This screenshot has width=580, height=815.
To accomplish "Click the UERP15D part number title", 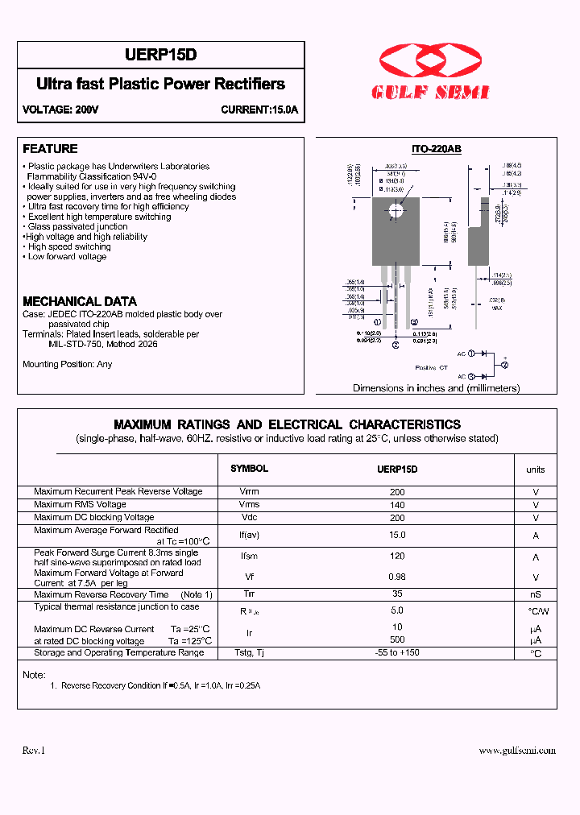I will (161, 55).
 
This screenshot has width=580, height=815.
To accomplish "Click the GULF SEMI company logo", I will (430, 73).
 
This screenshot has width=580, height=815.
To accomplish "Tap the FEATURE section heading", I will (50, 149).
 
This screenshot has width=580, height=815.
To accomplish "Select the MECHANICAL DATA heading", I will (80, 301).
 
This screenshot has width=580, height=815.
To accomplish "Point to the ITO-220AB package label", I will (436, 150).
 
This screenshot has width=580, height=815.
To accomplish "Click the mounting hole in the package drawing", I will (396, 211).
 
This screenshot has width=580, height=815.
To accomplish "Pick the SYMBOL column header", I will (250, 469).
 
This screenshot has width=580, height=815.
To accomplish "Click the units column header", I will (535, 470).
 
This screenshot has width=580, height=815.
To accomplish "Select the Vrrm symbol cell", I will (250, 491).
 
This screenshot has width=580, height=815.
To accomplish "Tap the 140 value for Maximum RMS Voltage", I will (397, 505).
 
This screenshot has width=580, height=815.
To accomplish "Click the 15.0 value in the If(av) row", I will (397, 535).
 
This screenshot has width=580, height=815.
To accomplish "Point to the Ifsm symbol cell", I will (250, 556).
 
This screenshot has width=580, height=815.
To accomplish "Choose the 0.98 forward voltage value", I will (397, 577).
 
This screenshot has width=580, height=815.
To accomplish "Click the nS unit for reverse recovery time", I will (535, 594).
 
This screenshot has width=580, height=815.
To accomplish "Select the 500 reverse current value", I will (397, 640).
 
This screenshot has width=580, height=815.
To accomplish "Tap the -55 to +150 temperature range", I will (397, 652).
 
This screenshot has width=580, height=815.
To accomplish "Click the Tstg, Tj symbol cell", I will (250, 652).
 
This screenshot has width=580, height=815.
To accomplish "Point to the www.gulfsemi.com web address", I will (517, 751).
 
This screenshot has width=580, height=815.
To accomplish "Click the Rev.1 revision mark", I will (34, 751).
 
